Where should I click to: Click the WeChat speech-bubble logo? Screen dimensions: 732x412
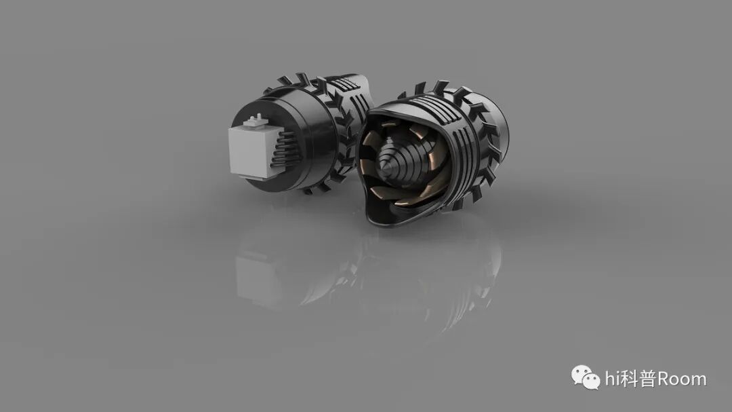click(x=586, y=377)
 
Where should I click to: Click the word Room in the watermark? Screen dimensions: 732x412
click(x=682, y=379)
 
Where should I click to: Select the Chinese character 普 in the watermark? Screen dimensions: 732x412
click(x=647, y=379)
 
